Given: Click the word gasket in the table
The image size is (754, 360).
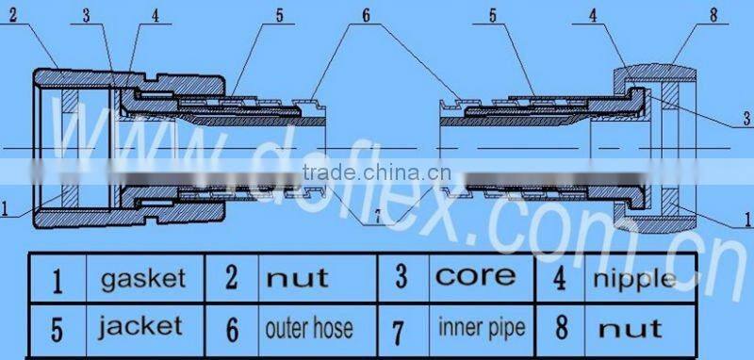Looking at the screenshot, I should (143, 280).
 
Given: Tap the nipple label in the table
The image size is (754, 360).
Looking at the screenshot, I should (632, 279).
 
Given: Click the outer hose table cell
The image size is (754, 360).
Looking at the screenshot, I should (309, 328).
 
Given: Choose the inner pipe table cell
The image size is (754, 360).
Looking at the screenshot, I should (481, 327).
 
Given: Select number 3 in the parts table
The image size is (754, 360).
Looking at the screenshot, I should (401, 277).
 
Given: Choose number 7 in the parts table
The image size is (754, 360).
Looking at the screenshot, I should (401, 330).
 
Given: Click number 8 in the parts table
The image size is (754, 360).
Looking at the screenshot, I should (562, 329).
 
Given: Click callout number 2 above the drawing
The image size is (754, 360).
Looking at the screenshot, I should (12, 14).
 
